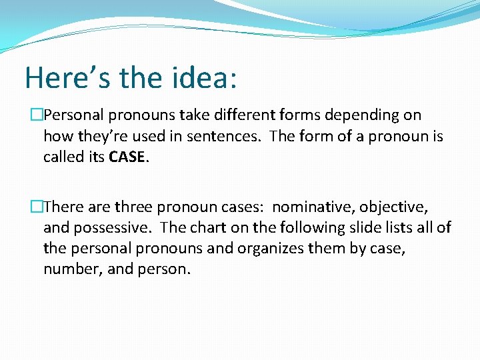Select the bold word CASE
[x=125, y=157]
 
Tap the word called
[x=64, y=157]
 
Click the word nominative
[x=313, y=207]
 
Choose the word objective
[x=393, y=207]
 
